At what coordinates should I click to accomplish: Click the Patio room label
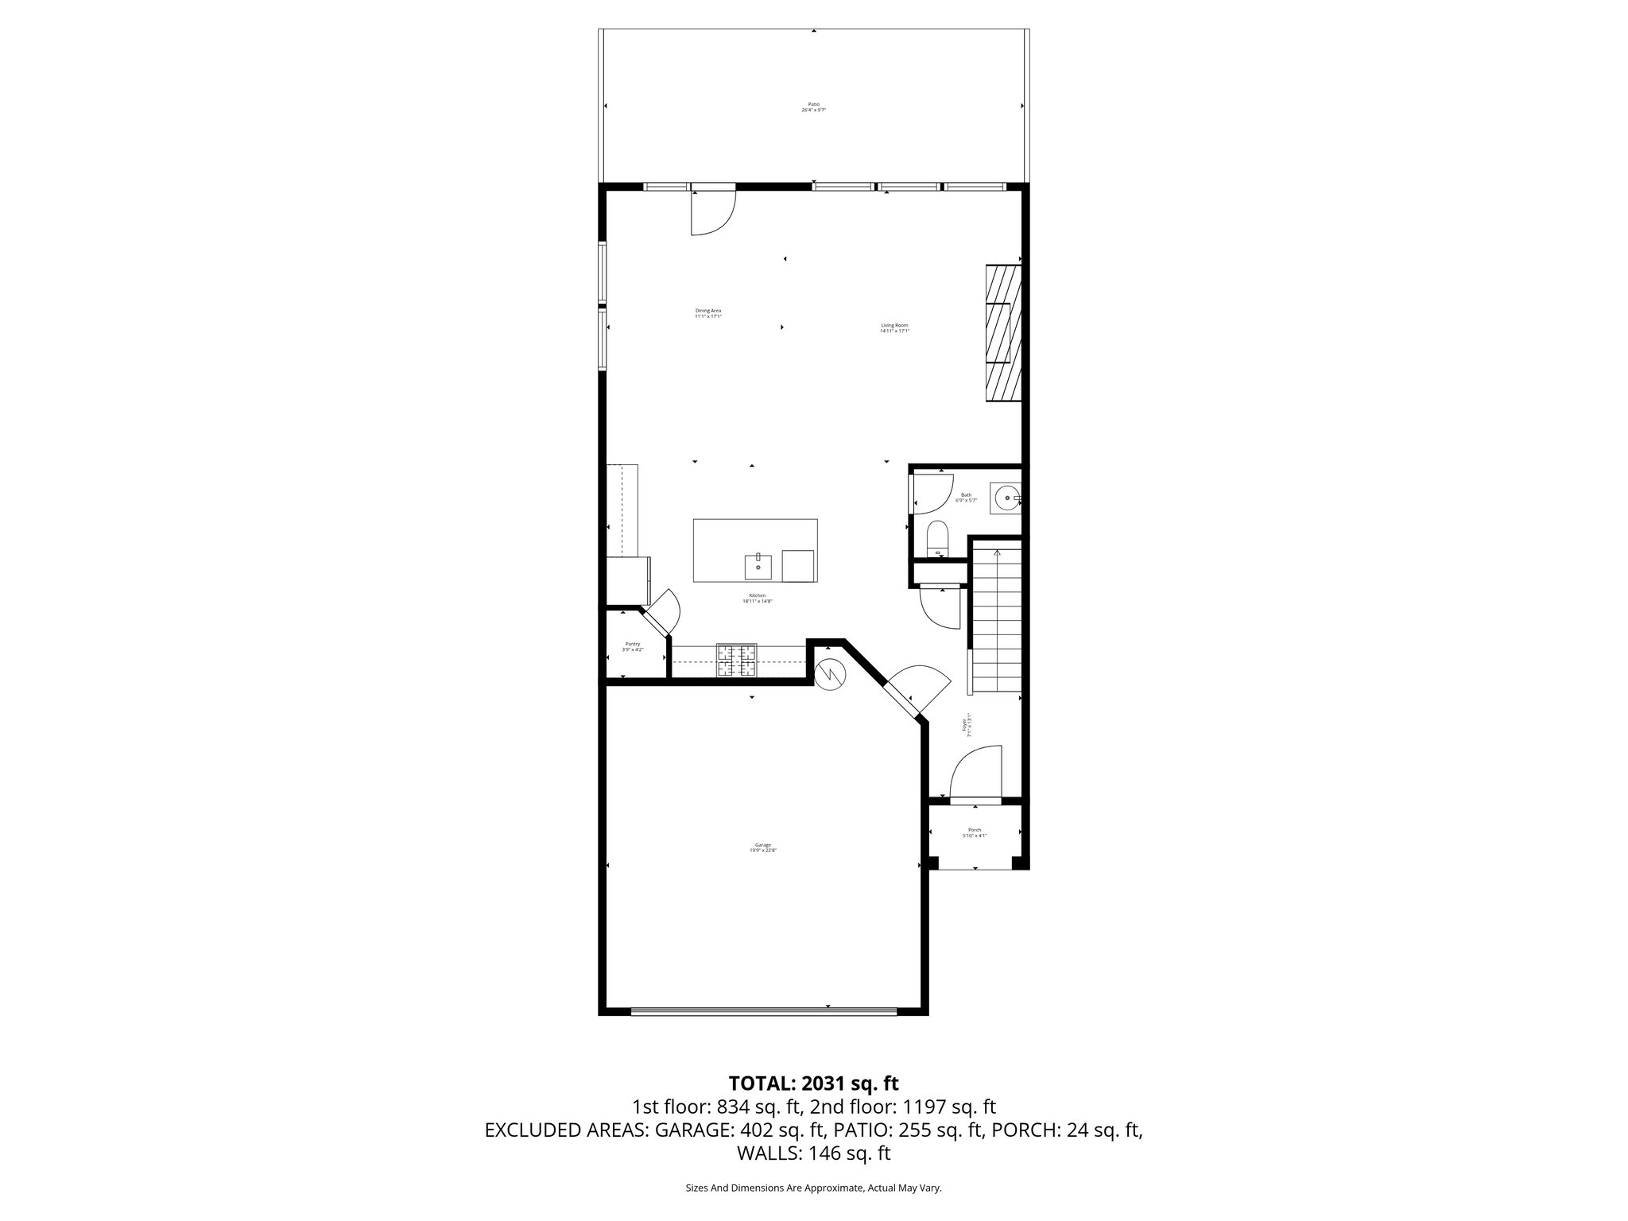[x=813, y=107]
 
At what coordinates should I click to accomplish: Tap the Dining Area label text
[x=707, y=313]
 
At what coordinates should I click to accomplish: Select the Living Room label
[x=894, y=328]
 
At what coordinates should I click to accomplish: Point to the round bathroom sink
[x=1006, y=498]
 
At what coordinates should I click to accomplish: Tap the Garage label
[x=762, y=847]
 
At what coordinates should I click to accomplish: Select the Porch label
[x=974, y=832]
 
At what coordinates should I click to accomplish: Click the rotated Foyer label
[x=967, y=725]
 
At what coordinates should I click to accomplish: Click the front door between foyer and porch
[x=975, y=800]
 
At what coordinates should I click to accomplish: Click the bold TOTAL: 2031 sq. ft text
[x=813, y=1083]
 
